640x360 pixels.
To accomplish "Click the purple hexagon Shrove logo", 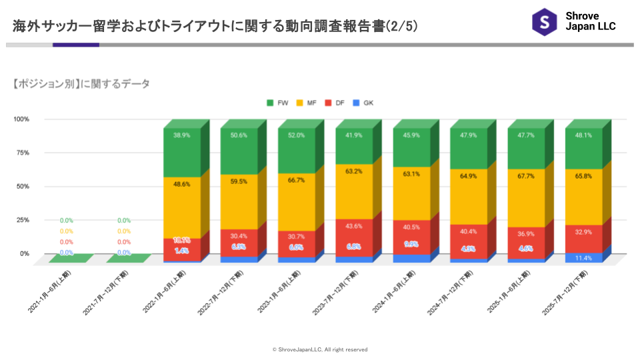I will click(x=545, y=22).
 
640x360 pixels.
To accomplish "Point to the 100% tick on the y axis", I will click(x=21, y=119).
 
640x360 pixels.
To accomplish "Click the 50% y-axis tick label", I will click(x=23, y=187).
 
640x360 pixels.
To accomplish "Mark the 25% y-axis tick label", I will click(x=23, y=220).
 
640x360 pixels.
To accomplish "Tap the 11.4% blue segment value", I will click(x=583, y=258).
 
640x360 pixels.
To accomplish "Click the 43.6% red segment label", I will click(x=354, y=226).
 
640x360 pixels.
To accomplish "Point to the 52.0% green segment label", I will click(x=297, y=135).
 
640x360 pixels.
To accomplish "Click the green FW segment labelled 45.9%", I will click(x=411, y=135).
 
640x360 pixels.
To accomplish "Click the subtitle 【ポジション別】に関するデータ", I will click(x=81, y=84).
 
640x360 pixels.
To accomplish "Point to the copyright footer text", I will click(x=320, y=349).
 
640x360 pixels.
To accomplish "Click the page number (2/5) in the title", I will click(x=403, y=27).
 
